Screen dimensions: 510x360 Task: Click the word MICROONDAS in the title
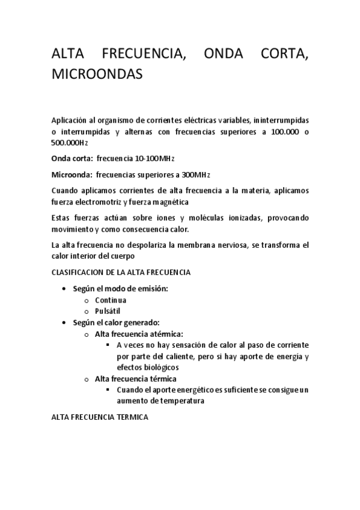tap(97, 75)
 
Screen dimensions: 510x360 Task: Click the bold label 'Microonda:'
tap(72, 174)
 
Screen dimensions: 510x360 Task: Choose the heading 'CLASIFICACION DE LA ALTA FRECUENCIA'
tap(121, 272)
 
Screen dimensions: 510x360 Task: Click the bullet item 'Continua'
tap(111, 300)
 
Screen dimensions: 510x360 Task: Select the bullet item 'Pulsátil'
tap(108, 311)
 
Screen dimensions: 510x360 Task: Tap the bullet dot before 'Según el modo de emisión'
tap(64, 289)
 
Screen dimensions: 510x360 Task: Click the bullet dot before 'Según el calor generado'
tap(64, 322)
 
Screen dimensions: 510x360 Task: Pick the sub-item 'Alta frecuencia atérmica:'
tap(139, 334)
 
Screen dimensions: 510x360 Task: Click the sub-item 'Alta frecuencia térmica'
tap(135, 378)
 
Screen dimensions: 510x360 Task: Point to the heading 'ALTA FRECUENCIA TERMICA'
tap(100, 416)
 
